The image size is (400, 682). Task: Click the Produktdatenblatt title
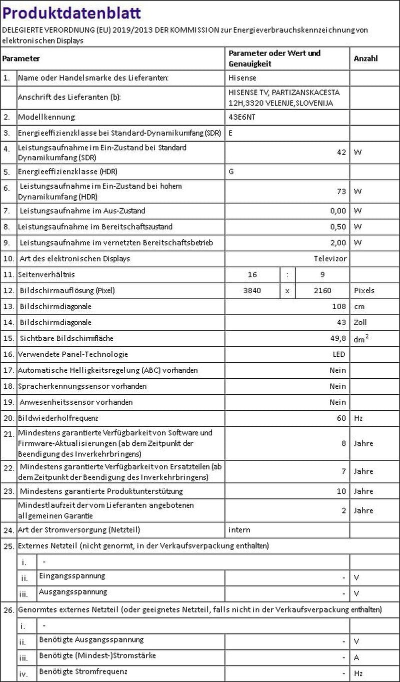(72, 13)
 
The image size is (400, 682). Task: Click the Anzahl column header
(365, 59)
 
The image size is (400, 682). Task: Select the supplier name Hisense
(242, 78)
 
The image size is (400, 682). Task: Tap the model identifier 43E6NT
(241, 117)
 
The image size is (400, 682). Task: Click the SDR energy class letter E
(230, 133)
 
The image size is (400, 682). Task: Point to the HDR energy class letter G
(231, 172)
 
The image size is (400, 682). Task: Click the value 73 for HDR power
(341, 191)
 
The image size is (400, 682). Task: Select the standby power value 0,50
(338, 227)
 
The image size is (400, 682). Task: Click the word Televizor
(330, 259)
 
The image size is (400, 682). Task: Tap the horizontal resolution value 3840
(251, 291)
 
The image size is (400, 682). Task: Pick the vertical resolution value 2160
(322, 291)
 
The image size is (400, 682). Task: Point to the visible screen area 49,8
(338, 339)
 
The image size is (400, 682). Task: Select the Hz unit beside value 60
(358, 418)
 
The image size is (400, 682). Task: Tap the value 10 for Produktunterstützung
(341, 491)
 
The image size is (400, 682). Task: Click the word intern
(239, 530)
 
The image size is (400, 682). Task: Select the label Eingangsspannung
(72, 576)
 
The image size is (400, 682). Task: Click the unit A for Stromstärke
(356, 657)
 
